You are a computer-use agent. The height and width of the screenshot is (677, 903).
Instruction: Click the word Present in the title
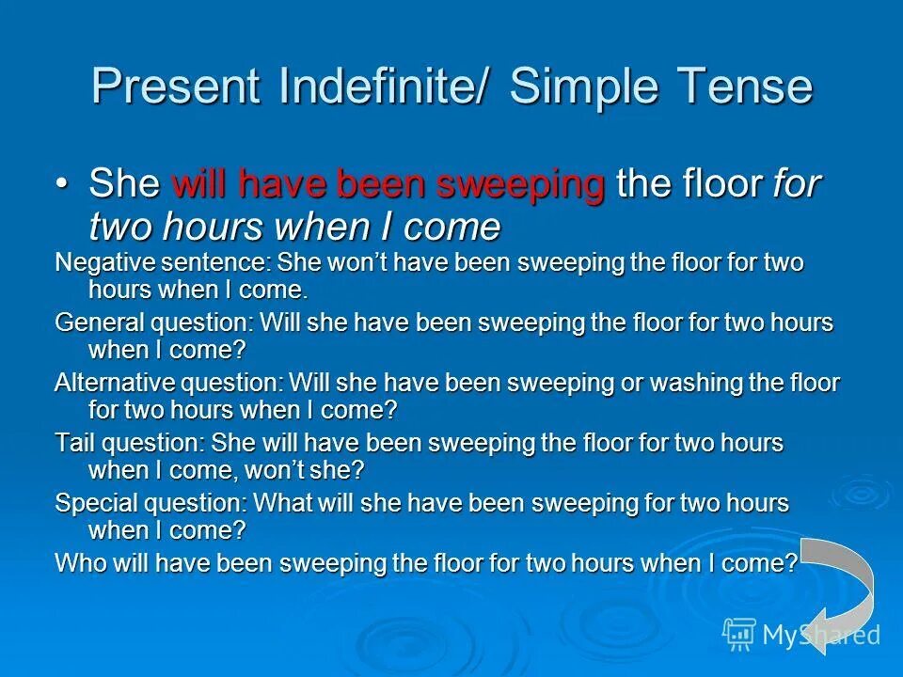(x=175, y=87)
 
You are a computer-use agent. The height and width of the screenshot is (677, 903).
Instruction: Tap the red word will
(x=200, y=184)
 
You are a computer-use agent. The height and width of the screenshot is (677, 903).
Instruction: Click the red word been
(x=380, y=184)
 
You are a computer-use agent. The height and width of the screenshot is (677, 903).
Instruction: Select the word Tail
(x=72, y=443)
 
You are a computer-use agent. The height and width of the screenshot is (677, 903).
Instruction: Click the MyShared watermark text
(x=818, y=635)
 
